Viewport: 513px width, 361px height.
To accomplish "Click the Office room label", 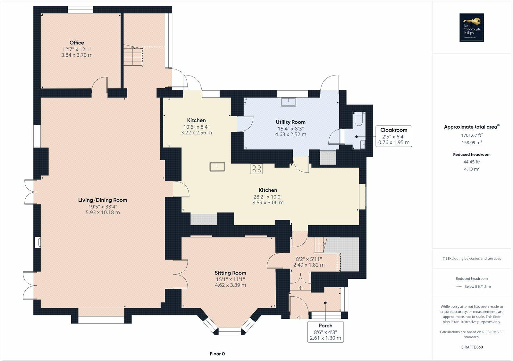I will point(77,43).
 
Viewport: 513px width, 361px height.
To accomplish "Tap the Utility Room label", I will point(290,122).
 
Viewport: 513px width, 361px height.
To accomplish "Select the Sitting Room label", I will point(230,273).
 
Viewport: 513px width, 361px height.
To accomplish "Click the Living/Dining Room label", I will point(103,200).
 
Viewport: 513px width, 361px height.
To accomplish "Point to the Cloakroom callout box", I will point(394,136).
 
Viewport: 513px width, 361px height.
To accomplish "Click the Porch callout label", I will point(325,332).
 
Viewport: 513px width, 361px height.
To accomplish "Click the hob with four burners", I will point(256,169).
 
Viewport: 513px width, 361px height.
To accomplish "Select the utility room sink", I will point(289,102).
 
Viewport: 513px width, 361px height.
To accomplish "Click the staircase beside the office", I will point(133,56).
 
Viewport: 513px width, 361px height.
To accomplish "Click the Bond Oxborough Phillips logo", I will point(472,28).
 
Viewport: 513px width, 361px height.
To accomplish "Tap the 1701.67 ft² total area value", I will point(472,135).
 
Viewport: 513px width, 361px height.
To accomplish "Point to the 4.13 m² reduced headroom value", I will point(472,169).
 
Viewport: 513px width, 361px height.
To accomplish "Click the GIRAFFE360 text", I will point(472,347).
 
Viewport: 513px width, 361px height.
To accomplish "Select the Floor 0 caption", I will point(217,354).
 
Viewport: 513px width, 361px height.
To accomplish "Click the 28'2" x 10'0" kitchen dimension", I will point(268,197).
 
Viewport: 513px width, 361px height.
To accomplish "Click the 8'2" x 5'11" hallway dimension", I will point(309,259).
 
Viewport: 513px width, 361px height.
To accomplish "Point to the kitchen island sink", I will point(217,167).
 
